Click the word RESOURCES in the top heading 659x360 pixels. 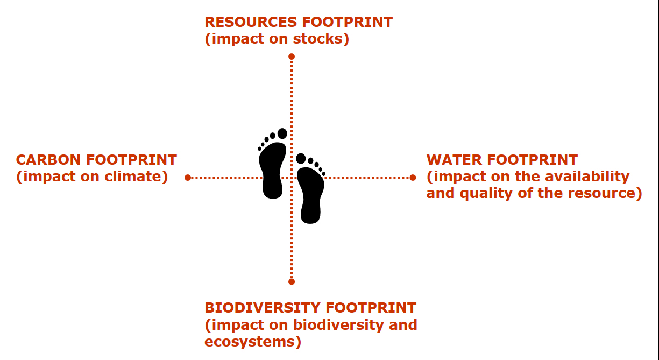pyautogui.click(x=251, y=22)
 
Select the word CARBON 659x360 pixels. pyautogui.click(x=48, y=160)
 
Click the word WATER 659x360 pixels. pyautogui.click(x=453, y=160)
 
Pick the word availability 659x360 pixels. pyautogui.click(x=587, y=177)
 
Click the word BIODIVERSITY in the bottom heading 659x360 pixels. pyautogui.click(x=262, y=308)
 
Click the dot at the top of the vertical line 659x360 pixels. pyautogui.click(x=292, y=57)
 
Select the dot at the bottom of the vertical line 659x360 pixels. pyautogui.click(x=292, y=281)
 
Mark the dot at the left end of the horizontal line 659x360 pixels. pyautogui.click(x=188, y=178)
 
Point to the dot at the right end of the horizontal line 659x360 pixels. pyautogui.click(x=413, y=178)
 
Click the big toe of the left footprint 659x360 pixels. pyautogui.click(x=282, y=133)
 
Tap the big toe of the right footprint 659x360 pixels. pyautogui.click(x=301, y=159)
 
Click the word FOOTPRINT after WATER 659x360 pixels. pyautogui.click(x=533, y=160)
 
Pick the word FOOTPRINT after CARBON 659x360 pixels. pyautogui.click(x=131, y=160)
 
